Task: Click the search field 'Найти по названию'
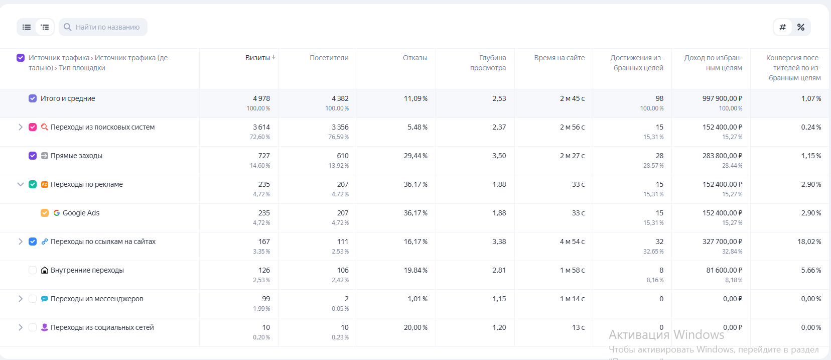[x=107, y=27]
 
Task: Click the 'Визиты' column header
[x=257, y=58]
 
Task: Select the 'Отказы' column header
[x=414, y=58]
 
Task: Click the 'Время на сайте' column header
[x=559, y=58]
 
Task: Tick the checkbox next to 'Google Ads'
[x=45, y=213]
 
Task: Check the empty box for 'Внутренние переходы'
[x=33, y=270]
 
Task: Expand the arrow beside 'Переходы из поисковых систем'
[x=21, y=127]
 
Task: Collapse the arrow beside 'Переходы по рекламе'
[x=21, y=184]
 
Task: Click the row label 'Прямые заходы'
[x=76, y=156]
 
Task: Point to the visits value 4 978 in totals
[x=261, y=98]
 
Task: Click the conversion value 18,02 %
[x=809, y=242]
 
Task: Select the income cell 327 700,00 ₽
[x=722, y=242]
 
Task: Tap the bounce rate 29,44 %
[x=415, y=156]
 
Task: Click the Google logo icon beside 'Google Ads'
[x=57, y=213]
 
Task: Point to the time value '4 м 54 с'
[x=572, y=242]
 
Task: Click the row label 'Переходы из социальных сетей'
[x=102, y=327]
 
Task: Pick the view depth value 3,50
[x=499, y=156]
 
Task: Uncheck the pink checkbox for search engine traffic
[x=33, y=127]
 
